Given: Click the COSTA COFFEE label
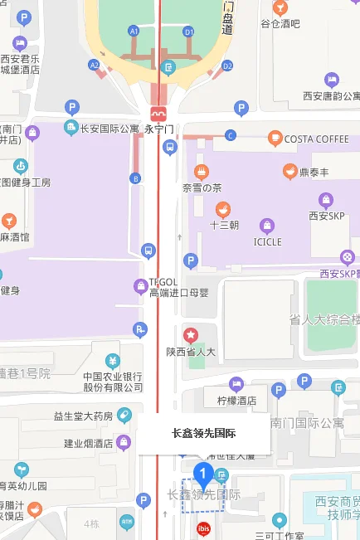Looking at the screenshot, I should (317, 139).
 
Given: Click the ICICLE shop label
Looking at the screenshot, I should (267, 241).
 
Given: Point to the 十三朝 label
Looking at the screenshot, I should (223, 225).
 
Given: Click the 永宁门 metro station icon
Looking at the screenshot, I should (158, 113).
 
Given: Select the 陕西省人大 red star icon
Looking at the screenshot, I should (192, 335).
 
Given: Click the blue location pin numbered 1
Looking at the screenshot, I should (203, 474).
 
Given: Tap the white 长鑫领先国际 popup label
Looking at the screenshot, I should (203, 433).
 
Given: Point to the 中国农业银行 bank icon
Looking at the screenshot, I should (114, 361).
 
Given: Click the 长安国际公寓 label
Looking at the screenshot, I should (109, 129).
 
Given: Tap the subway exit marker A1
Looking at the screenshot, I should (133, 31).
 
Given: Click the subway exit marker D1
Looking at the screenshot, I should (188, 32).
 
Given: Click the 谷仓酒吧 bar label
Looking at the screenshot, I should (280, 24).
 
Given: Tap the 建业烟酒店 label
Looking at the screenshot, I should (90, 442).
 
